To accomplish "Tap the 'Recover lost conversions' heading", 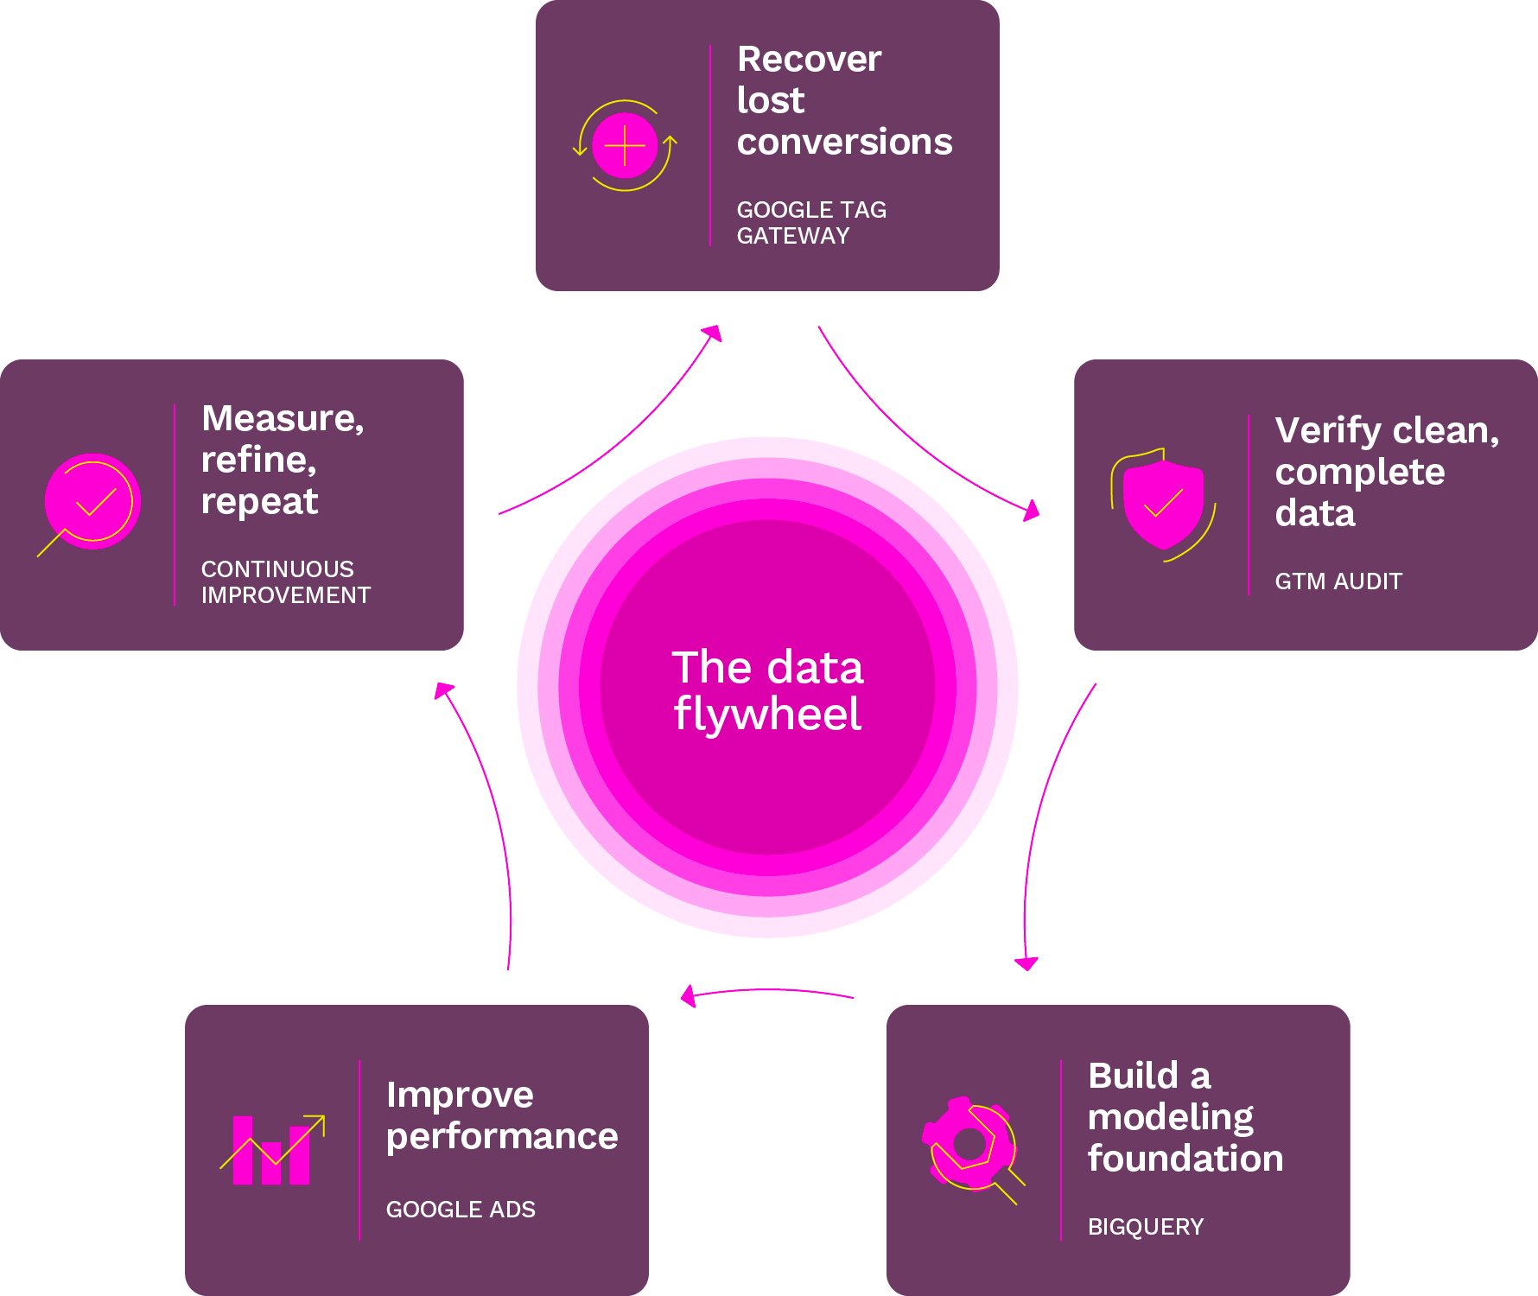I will (x=843, y=100).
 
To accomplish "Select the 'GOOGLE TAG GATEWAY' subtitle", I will (x=810, y=223).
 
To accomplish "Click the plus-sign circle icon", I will (x=625, y=146).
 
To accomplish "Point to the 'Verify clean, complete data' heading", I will (x=1385, y=472).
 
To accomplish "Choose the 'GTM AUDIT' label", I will (x=1338, y=581).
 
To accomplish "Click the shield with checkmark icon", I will (x=1163, y=504).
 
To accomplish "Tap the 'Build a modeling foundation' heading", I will (x=1185, y=1117).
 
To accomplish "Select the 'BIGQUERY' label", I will (x=1145, y=1227).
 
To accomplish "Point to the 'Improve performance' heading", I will (x=501, y=1115).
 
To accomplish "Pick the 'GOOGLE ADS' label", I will (x=461, y=1210).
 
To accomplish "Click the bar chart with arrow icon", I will (x=272, y=1150).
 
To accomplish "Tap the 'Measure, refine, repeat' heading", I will (x=282, y=460).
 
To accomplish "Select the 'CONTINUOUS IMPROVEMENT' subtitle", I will (x=285, y=582).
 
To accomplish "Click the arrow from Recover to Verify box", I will (x=916, y=442).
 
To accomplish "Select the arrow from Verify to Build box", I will (x=1041, y=821).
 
